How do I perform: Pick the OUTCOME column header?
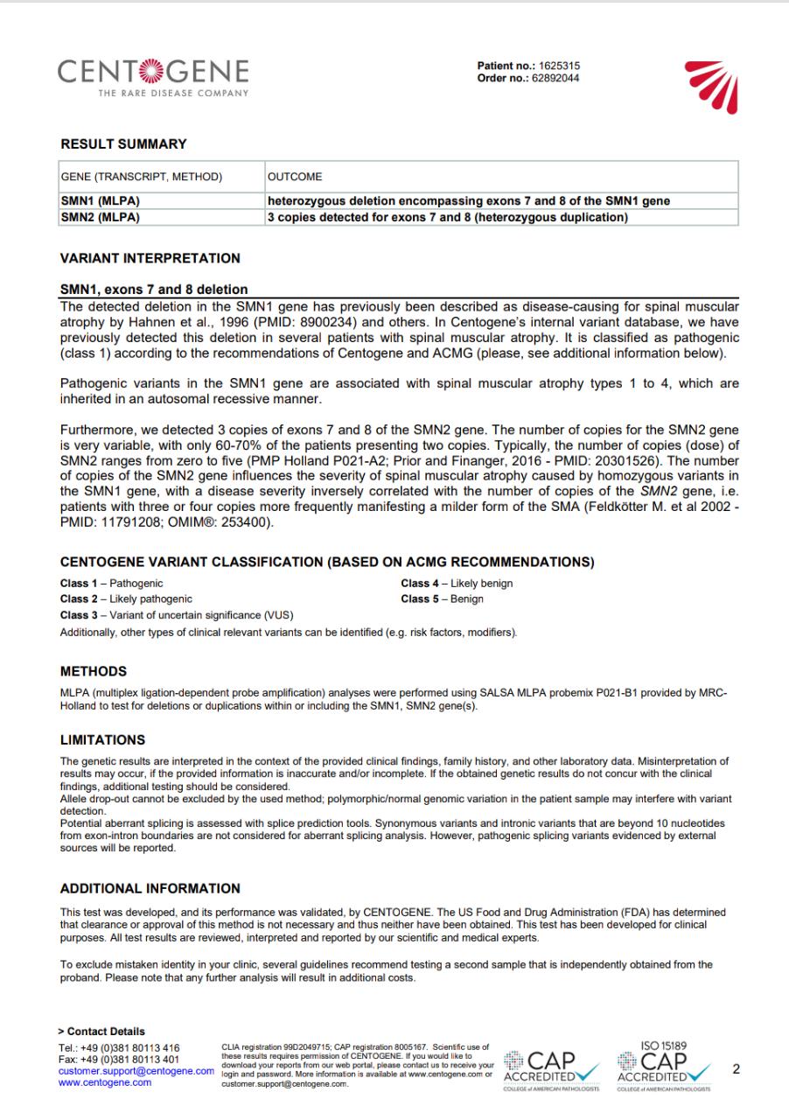pyautogui.click(x=295, y=176)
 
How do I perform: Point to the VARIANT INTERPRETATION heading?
pyautogui.click(x=150, y=259)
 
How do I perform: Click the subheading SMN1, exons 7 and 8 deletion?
pyautogui.click(x=153, y=289)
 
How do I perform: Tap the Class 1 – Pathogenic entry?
pyautogui.click(x=111, y=583)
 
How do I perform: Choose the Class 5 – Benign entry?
pyautogui.click(x=442, y=599)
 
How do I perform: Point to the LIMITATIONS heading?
pyautogui.click(x=102, y=740)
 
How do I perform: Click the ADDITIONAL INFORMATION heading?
pyautogui.click(x=150, y=888)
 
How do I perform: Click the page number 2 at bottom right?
pyautogui.click(x=735, y=1069)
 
